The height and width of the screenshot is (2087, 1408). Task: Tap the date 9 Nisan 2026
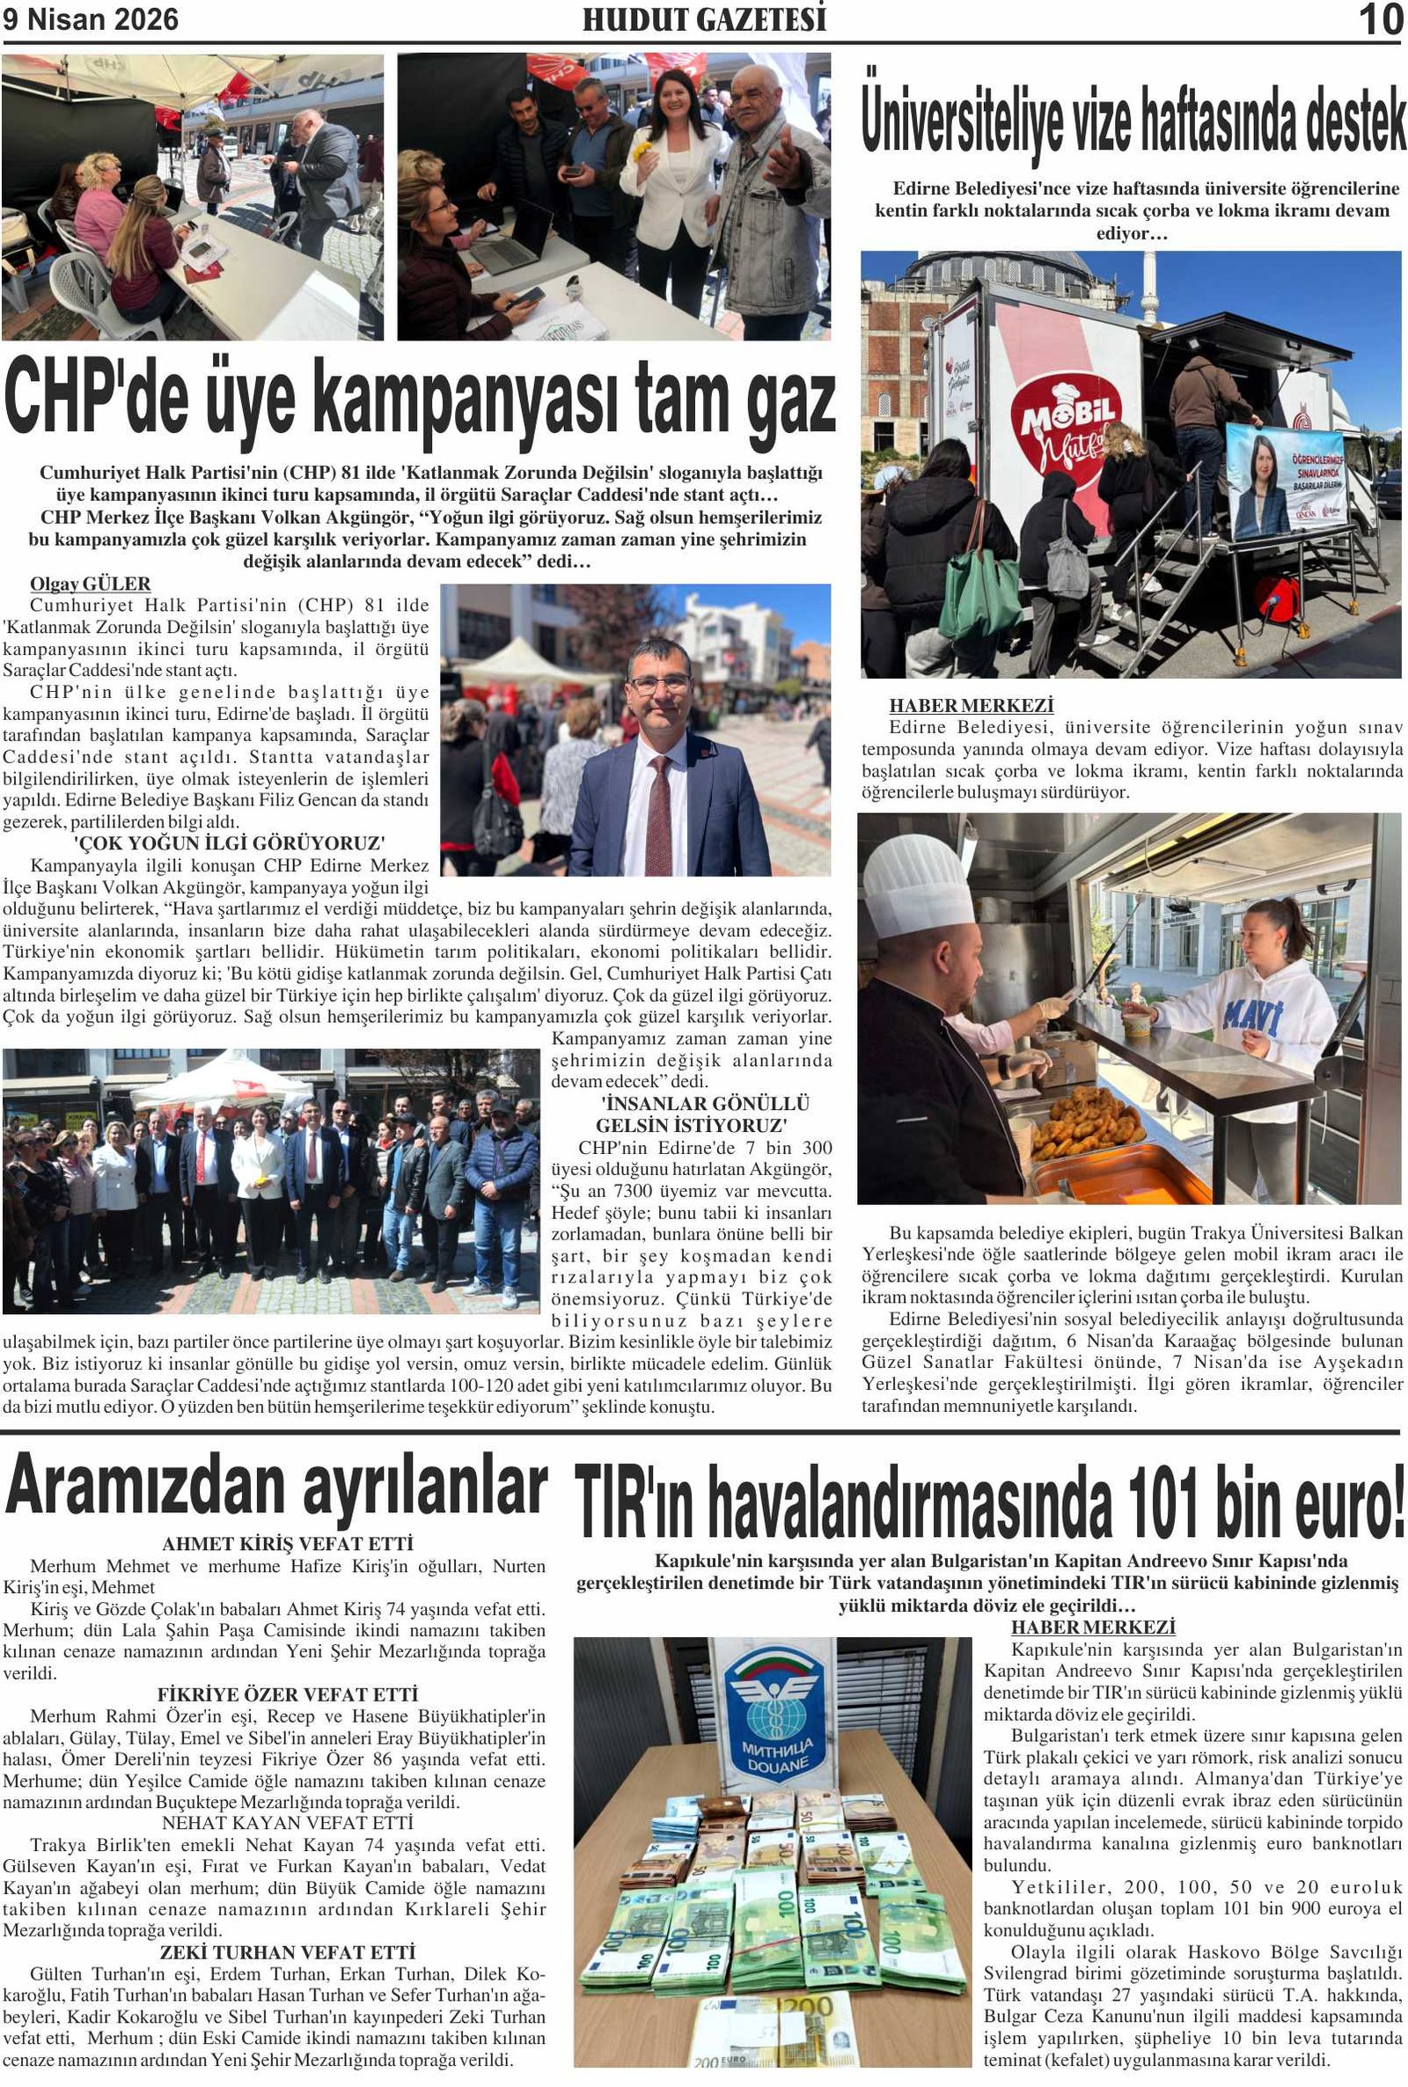tap(91, 19)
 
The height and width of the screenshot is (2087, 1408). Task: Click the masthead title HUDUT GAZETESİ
tap(704, 19)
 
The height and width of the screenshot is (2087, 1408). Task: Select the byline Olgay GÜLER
tap(91, 584)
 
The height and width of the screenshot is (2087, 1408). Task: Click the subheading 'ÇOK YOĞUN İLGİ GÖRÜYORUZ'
tap(229, 843)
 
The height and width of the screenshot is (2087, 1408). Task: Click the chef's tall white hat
tap(921, 886)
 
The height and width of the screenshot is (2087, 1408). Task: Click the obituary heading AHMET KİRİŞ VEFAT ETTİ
tap(288, 1544)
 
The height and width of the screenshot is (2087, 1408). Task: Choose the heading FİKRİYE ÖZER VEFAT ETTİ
tap(288, 1694)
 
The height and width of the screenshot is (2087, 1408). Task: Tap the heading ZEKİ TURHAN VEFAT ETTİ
tap(288, 1952)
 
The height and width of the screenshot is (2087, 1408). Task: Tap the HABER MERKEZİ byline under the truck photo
tap(972, 706)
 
